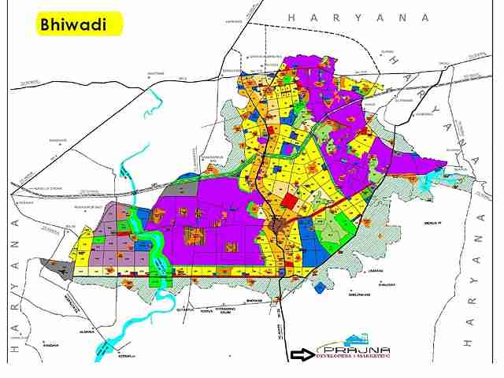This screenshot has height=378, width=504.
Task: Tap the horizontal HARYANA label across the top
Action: click(358, 17)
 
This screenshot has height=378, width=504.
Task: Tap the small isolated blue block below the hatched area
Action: click(319, 288)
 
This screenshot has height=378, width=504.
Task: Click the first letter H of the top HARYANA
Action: click(291, 17)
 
